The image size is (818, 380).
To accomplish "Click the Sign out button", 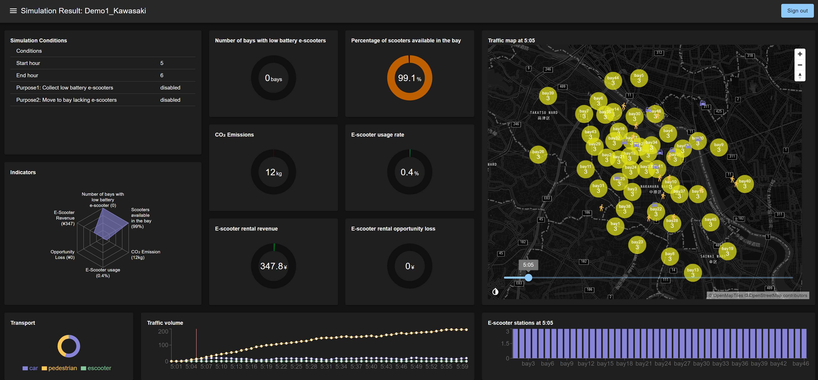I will coord(797,11).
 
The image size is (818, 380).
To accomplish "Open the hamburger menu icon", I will coord(13,11).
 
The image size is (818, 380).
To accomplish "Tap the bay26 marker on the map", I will coord(538,154).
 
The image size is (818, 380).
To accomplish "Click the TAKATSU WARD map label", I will coord(544,113).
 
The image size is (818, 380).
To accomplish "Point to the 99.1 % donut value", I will coord(409,78).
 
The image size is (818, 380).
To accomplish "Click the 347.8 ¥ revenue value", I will coord(273,266).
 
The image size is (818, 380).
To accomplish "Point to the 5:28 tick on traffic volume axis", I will coord(311,367).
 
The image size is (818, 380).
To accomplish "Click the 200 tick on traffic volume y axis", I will coord(163,331).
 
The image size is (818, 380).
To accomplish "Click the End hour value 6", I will coord(162,75).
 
